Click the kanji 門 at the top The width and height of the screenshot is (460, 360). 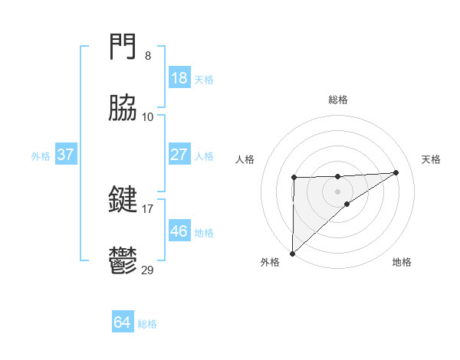tap(123, 50)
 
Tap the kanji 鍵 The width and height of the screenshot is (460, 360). tap(123, 200)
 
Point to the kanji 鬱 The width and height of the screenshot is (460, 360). tap(123, 260)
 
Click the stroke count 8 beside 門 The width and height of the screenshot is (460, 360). tap(147, 57)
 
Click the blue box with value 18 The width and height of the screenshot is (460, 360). tap(179, 78)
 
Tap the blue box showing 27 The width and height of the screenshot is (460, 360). tap(179, 155)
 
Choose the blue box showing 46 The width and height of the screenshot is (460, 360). tap(179, 231)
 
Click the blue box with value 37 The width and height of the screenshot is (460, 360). tap(66, 155)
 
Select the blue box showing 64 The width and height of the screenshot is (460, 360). tap(122, 323)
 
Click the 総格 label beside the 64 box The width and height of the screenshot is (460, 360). tap(147, 324)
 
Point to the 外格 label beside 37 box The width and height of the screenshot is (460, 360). tap(41, 155)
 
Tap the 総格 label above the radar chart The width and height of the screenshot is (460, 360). tap(338, 100)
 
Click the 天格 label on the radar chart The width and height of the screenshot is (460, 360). tap(432, 159)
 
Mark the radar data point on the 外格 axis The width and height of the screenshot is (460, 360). tap(292, 253)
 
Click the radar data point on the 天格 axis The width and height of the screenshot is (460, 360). tap(396, 172)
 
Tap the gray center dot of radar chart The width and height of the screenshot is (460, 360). tap(338, 191)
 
